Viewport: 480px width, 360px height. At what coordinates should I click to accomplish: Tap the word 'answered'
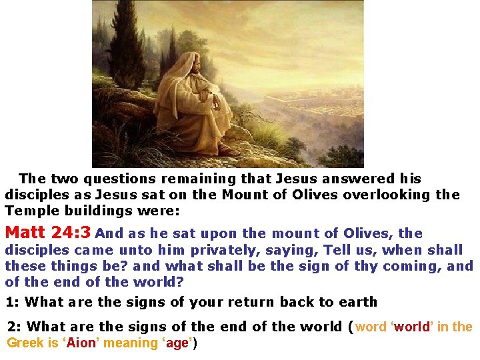[351, 179]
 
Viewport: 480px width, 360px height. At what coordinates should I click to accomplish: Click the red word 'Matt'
[25, 233]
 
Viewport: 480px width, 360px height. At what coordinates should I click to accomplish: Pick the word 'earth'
[356, 302]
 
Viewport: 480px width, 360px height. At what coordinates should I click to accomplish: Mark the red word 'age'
[179, 343]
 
